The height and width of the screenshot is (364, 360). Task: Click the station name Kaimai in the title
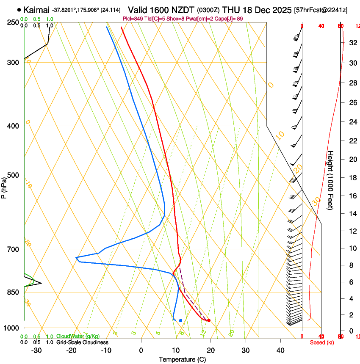tap(37, 10)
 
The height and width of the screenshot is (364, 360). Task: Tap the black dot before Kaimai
tap(19, 10)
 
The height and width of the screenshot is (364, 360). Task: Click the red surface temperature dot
tap(209, 320)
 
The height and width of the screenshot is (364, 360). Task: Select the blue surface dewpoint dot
tap(181, 320)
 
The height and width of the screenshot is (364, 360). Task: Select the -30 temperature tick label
tap(36, 350)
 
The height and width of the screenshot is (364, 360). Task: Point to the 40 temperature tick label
tap(280, 350)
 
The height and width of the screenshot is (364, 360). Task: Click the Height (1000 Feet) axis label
tap(331, 180)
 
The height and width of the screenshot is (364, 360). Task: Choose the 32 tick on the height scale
tap(352, 42)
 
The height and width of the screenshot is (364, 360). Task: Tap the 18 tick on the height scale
tap(352, 177)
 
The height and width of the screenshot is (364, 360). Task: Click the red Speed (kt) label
tap(321, 342)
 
